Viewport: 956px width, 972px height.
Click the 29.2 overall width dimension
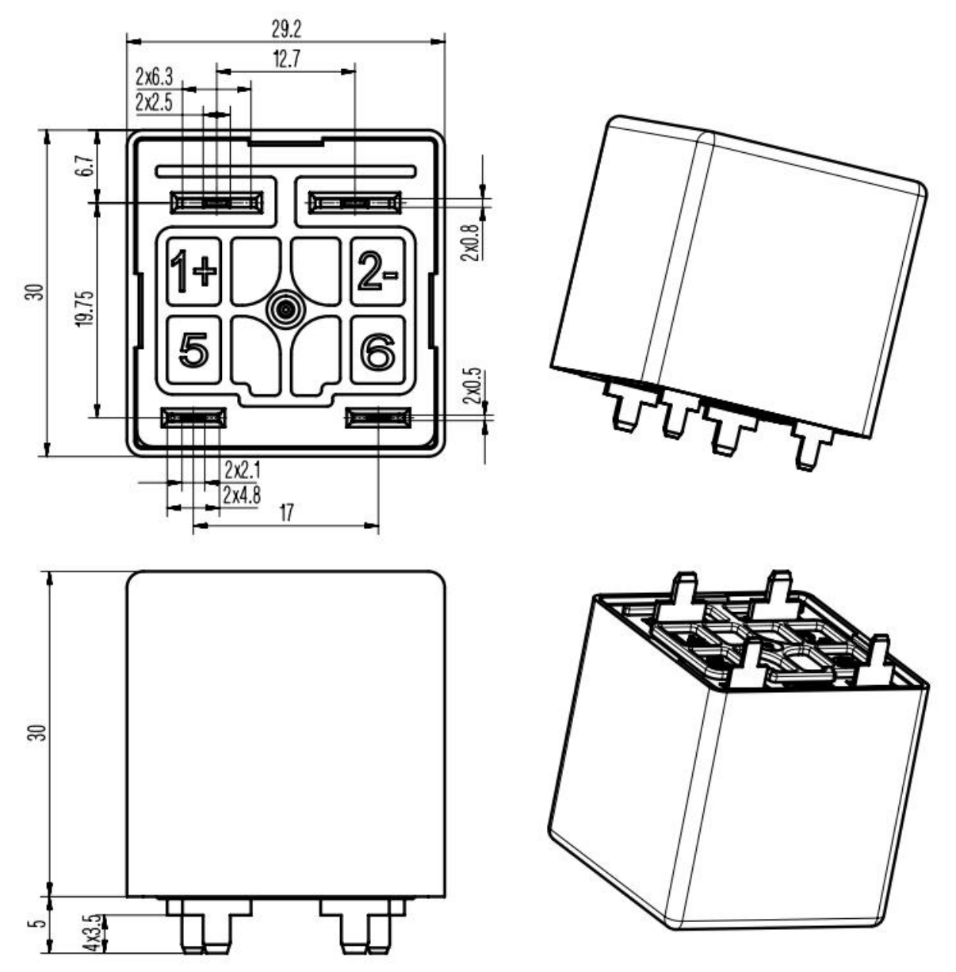pos(286,29)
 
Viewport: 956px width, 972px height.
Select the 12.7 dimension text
pos(286,59)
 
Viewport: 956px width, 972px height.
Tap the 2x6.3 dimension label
pos(154,78)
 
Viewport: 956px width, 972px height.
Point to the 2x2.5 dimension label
pos(154,102)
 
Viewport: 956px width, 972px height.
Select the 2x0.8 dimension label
pos(472,243)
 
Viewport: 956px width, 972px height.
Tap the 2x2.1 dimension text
pos(242,470)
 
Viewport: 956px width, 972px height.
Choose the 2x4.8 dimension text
pos(242,496)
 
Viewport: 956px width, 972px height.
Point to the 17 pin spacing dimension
pos(286,513)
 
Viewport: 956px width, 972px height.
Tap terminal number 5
pos(193,350)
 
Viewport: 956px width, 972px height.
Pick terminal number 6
pos(378,350)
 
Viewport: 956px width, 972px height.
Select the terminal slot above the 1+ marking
pos(216,203)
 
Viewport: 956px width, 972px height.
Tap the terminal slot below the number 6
pos(378,417)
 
